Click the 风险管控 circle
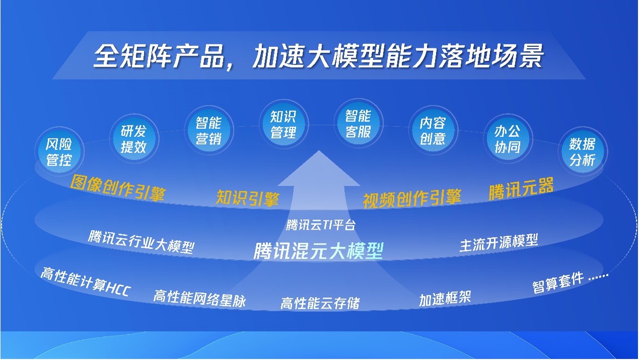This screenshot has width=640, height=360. tap(59, 152)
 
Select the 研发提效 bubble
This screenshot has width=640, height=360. tap(134, 138)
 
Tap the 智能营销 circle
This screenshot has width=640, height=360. tap(209, 130)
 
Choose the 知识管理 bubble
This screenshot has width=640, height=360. tap(283, 124)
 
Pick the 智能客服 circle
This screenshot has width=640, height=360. tap(359, 123)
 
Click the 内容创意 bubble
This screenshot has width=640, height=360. tap(434, 130)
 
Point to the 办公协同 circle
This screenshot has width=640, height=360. tap(508, 139)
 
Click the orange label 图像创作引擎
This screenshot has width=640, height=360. tap(118, 188)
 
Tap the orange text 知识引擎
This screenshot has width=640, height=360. tap(247, 198)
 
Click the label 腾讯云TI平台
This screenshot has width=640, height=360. tap(321, 225)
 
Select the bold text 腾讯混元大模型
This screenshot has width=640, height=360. tap(318, 251)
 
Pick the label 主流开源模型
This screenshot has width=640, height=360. tap(499, 243)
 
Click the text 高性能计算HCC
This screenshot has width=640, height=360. tap(86, 282)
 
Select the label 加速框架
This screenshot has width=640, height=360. tap(445, 299)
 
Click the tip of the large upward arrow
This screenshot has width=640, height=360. tap(319, 151)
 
